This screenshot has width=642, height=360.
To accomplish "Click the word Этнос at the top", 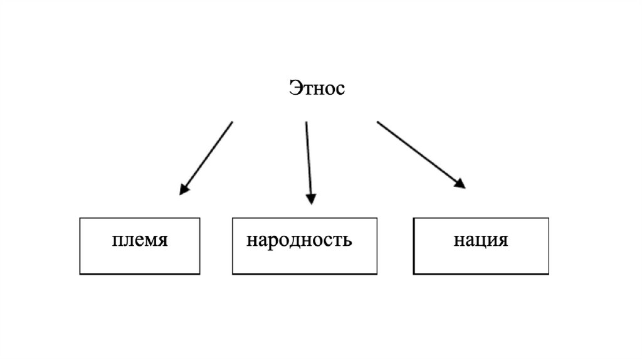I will (x=317, y=88).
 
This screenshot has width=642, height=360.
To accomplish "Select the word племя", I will (x=140, y=240).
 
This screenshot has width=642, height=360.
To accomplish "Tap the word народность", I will (x=299, y=240).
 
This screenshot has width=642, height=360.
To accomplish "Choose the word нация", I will (x=481, y=240).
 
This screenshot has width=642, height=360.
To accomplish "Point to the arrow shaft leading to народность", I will (x=308, y=160).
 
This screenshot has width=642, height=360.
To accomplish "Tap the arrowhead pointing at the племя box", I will (x=183, y=189).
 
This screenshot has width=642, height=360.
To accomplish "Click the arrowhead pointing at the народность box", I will (x=310, y=199).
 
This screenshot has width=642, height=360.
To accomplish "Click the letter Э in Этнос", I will (x=295, y=88).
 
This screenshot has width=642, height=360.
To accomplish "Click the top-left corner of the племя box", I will (x=80, y=218).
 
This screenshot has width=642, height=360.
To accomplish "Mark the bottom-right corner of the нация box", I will (x=549, y=274).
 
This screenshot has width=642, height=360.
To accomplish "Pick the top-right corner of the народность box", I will (x=377, y=218).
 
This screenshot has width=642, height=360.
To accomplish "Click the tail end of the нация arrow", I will (x=377, y=122).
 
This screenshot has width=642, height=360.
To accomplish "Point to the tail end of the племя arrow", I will (x=232, y=122).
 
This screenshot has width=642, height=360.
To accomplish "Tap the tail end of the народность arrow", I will (x=306, y=122).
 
